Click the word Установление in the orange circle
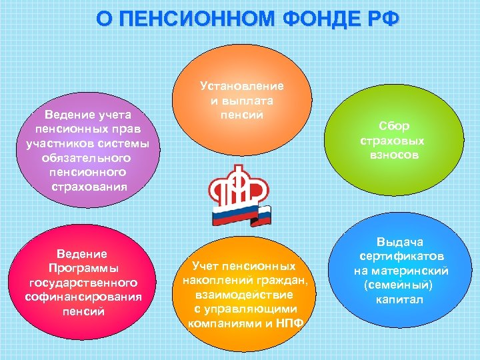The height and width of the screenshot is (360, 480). click(241, 86)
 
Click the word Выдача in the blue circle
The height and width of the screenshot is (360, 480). click(400, 242)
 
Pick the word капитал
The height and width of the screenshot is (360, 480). click(400, 299)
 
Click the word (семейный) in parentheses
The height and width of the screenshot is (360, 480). click(400, 285)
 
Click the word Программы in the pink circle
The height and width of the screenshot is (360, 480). click(83, 268)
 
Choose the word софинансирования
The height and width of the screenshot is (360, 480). click(83, 297)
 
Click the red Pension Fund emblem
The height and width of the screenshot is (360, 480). click(241, 189)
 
